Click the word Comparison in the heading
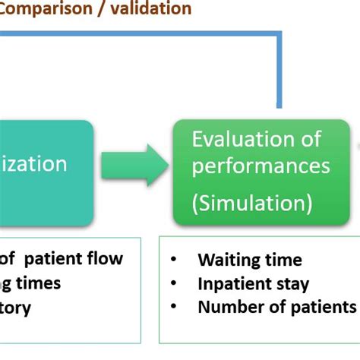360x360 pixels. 47,10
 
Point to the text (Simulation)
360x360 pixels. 251,203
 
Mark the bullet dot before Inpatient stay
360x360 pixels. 174,284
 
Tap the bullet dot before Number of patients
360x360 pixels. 174,307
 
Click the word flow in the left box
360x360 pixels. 106,258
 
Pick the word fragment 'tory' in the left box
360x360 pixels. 16,308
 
